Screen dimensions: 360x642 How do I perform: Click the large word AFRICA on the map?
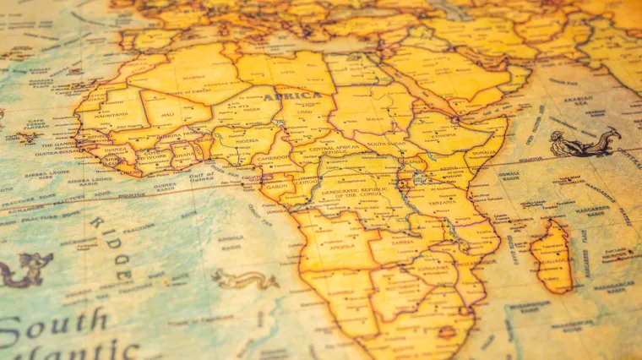point(291,97)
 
